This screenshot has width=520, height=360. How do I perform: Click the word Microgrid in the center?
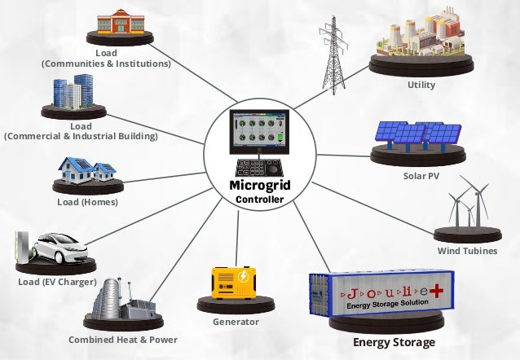[x=260, y=187]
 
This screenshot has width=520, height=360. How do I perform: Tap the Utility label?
[x=421, y=85]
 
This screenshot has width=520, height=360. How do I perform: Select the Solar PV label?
[x=421, y=176]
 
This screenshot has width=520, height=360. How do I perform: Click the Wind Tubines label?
[x=467, y=251]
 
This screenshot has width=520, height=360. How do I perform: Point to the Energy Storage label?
[x=394, y=342]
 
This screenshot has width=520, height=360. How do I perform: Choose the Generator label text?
[x=236, y=322]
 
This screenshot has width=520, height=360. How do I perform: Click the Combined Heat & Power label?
[x=122, y=340]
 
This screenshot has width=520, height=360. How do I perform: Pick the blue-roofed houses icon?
[x=86, y=169]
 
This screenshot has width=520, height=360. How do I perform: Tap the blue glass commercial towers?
[x=73, y=94]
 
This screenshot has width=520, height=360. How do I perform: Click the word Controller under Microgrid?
[x=260, y=200]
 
